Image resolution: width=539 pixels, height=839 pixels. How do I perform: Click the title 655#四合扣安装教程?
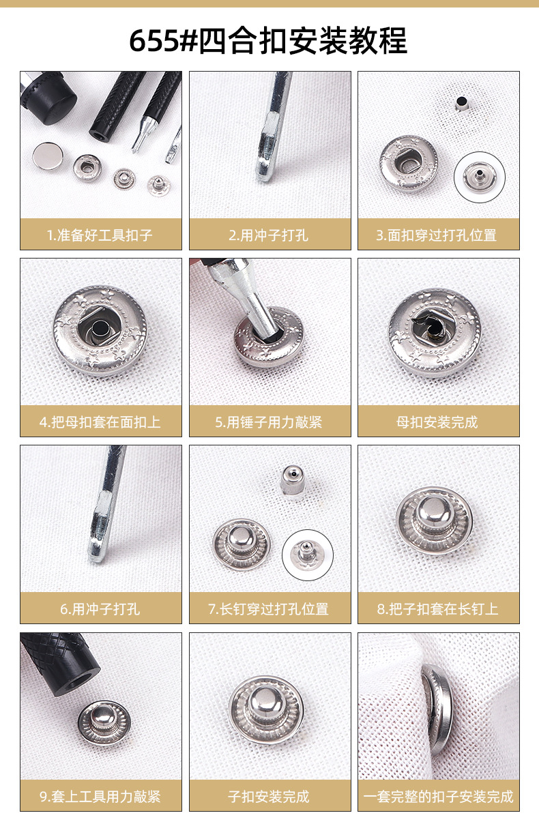point(268,40)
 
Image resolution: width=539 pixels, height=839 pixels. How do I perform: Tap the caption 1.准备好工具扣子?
point(100,235)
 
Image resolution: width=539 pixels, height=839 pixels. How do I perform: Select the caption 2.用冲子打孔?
point(269,235)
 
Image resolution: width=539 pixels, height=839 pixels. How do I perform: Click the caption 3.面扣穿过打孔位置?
point(437,235)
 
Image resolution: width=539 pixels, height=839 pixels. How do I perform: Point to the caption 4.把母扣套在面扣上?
point(100,422)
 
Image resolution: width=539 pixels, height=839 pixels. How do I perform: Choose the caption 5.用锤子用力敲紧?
point(269,422)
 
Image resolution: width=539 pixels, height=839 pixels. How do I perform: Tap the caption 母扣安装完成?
point(437,422)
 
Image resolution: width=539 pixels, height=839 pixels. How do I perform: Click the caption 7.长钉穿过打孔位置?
point(269,609)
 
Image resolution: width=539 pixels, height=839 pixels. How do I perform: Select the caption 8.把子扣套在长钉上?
point(437,609)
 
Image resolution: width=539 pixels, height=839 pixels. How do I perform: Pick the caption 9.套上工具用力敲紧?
point(100,797)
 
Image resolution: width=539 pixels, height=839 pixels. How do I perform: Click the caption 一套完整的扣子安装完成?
point(438,797)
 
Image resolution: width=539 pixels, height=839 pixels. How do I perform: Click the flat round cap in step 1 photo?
point(48,156)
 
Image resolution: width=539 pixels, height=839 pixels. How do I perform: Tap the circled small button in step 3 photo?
point(480,177)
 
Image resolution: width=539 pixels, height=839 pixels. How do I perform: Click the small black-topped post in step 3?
point(461,104)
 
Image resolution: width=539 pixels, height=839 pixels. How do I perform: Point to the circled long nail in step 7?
point(307,555)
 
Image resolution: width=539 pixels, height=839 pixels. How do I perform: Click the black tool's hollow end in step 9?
point(80,681)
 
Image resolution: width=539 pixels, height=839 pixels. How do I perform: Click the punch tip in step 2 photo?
point(264,178)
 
